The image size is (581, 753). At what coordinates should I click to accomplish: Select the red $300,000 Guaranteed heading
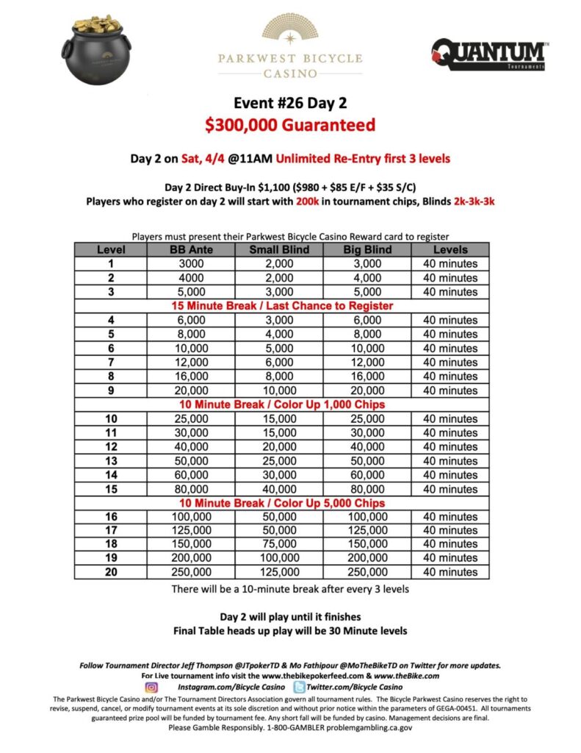click(290, 124)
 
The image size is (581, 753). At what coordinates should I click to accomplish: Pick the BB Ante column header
click(192, 249)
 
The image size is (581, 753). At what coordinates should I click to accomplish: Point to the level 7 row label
click(110, 362)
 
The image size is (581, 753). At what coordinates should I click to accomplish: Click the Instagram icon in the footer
click(152, 687)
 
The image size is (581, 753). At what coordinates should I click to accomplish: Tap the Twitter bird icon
click(300, 687)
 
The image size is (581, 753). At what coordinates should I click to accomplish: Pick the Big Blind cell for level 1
click(367, 263)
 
